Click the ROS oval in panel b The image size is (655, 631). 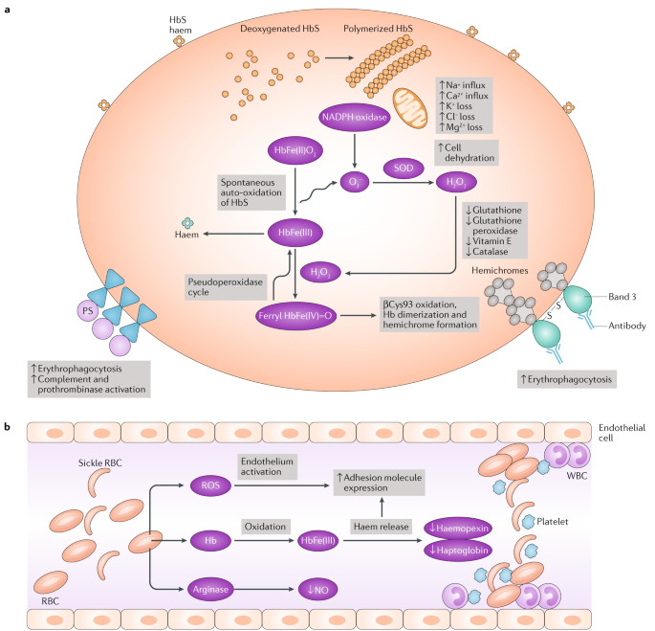coord(210,485)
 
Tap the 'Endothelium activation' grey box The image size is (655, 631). coord(268,464)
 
